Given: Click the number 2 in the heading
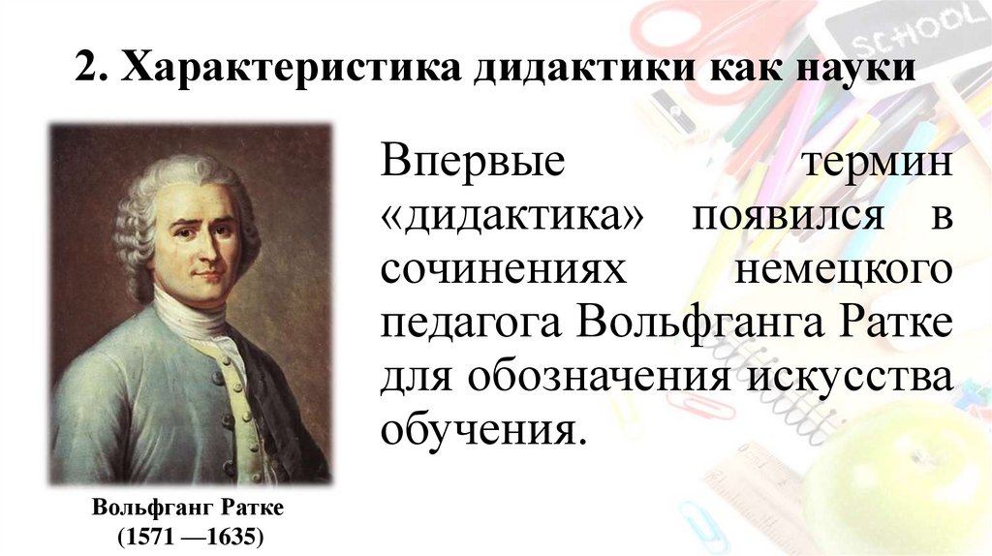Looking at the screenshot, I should point(87,72).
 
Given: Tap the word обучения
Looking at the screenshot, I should point(482,428).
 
